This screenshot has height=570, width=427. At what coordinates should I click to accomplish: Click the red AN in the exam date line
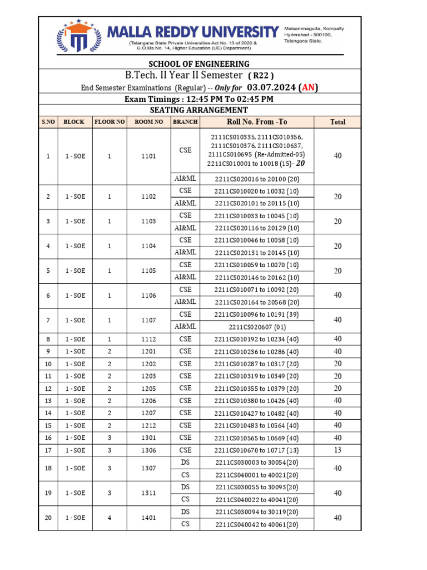click(308, 87)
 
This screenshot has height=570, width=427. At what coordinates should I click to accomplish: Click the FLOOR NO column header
click(110, 122)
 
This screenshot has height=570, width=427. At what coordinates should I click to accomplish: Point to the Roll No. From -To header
click(257, 122)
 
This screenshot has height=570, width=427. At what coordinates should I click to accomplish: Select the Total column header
click(337, 122)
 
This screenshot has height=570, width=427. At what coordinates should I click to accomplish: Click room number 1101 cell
click(148, 156)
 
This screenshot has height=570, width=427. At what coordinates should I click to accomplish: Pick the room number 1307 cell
click(148, 468)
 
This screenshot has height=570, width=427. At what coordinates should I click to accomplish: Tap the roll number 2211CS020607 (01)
click(257, 327)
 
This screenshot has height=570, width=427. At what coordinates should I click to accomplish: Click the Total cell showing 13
click(337, 450)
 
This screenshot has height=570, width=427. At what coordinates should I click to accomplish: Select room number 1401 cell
click(148, 518)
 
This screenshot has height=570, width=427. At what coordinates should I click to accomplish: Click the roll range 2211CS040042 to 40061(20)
click(257, 524)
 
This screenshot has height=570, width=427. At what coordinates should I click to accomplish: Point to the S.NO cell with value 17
click(48, 450)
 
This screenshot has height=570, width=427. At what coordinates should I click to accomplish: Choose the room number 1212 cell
click(148, 425)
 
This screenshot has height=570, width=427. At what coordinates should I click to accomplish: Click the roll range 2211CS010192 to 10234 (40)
click(257, 339)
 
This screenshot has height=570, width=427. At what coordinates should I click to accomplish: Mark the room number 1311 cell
click(148, 493)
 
